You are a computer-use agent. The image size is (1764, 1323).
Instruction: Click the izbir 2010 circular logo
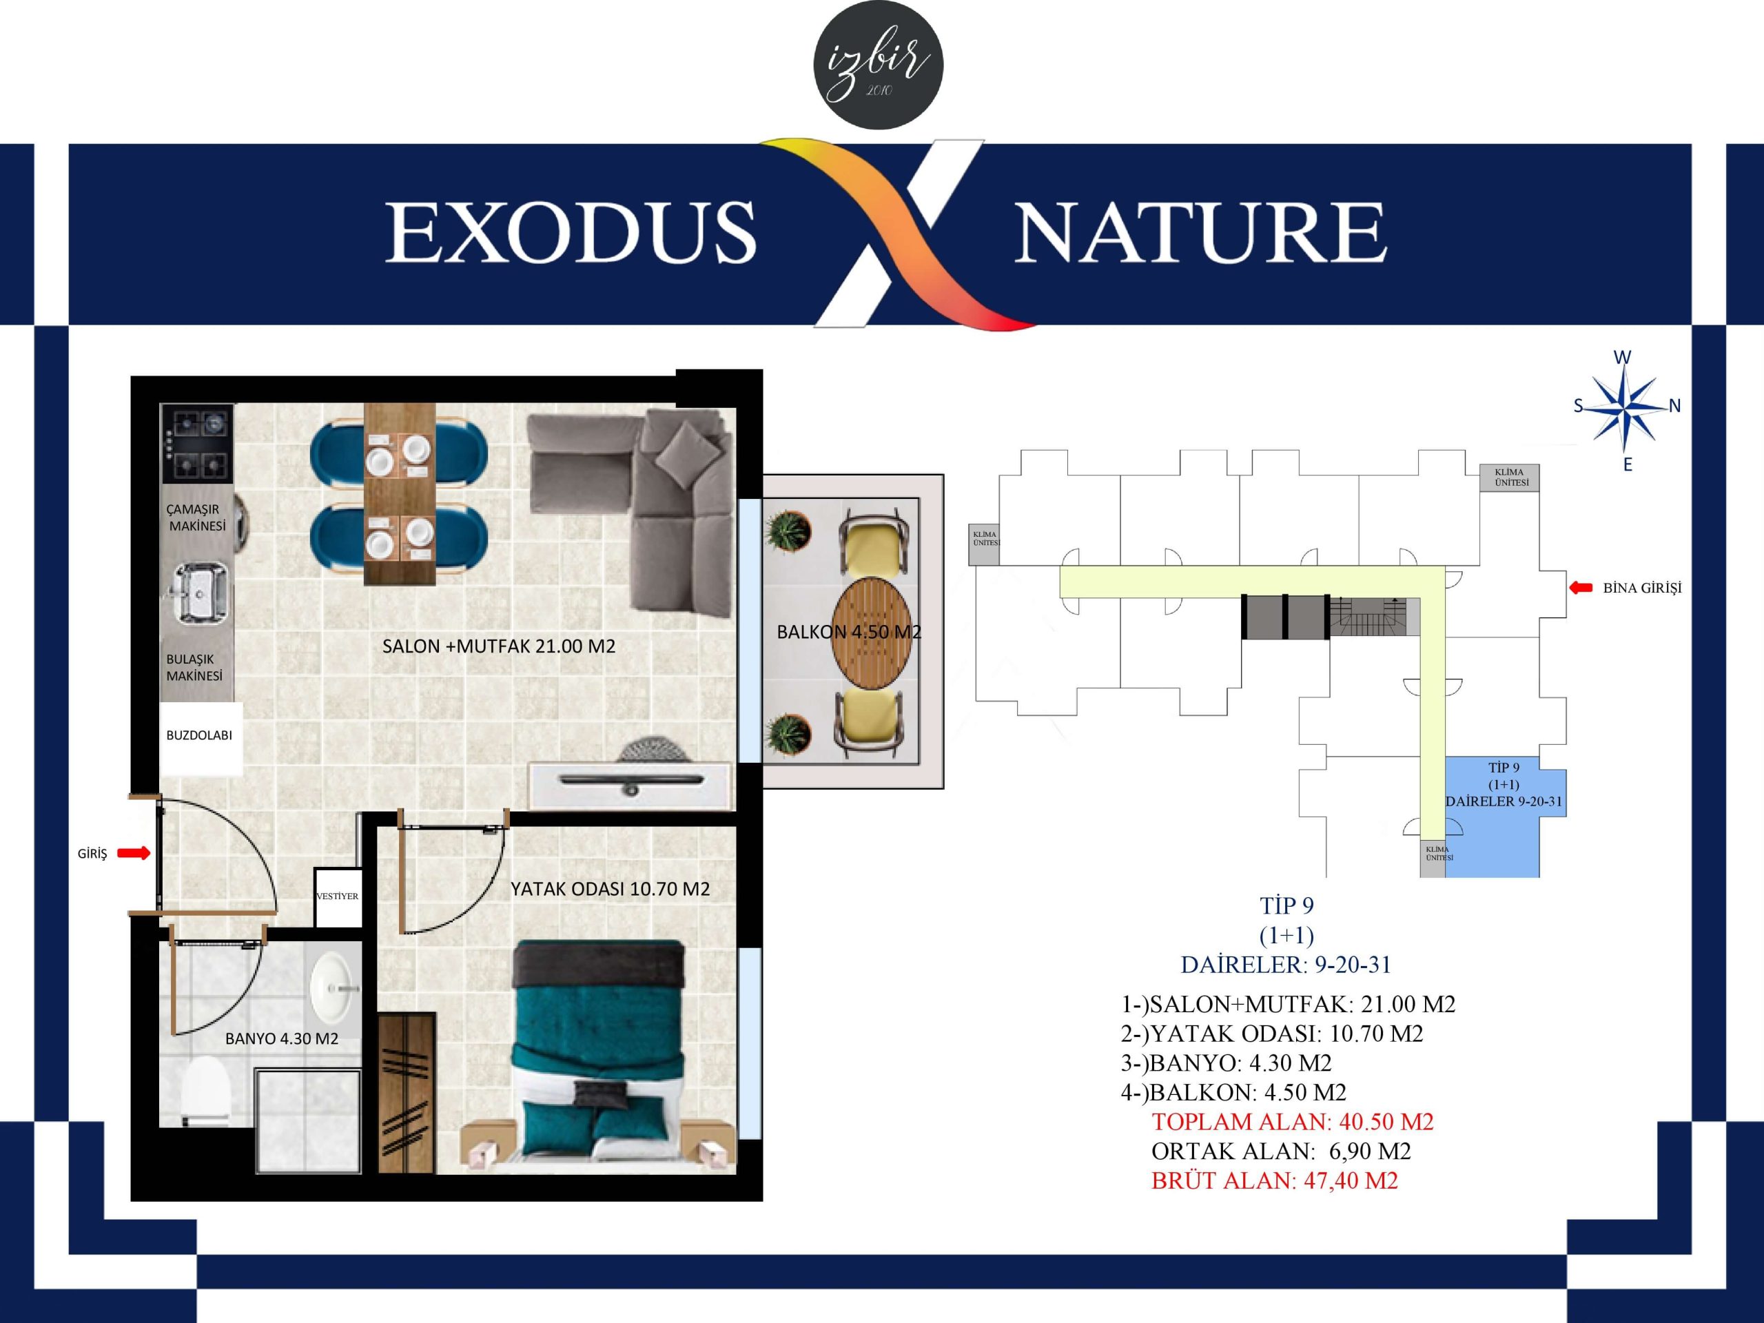878,65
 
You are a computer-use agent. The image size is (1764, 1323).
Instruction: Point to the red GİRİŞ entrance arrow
134,853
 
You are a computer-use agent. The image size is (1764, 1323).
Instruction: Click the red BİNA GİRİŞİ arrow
1581,588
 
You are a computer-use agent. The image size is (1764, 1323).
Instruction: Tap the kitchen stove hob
197,443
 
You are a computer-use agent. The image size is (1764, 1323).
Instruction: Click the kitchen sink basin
200,591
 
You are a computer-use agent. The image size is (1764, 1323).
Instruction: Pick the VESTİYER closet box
338,897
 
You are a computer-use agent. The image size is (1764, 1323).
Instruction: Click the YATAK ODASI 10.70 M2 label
610,889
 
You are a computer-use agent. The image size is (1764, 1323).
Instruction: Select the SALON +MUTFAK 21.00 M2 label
498,646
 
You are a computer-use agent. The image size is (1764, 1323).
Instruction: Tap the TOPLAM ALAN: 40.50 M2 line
1292,1122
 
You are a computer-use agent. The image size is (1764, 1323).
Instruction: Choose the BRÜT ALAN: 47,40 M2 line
1274,1181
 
